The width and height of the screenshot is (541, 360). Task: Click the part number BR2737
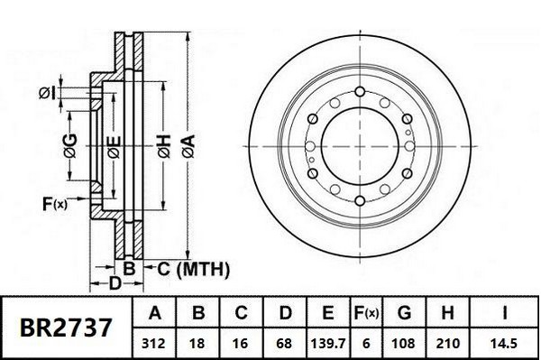point(66,328)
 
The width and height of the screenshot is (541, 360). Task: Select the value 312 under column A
point(154,344)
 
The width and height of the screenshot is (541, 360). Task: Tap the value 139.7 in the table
point(328,344)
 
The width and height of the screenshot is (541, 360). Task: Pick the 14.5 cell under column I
point(504,344)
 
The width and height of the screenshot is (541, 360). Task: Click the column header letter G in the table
point(404,313)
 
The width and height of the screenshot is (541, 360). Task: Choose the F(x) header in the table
point(366,313)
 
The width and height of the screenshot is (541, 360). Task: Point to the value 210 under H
point(447,344)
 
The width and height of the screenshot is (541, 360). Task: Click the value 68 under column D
point(284,344)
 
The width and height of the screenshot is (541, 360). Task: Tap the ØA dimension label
point(189,147)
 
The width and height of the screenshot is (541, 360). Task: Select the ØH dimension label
point(165,147)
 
